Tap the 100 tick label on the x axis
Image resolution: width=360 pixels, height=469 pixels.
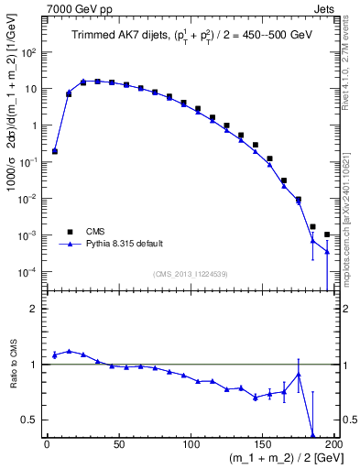tap(191, 444)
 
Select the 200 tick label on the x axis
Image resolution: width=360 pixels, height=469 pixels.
tap(333, 444)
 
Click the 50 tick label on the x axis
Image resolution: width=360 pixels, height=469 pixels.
tap(118, 444)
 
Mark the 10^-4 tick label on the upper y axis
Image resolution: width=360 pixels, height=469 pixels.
tap(27, 272)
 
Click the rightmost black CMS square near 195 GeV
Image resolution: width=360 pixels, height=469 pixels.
tap(327, 234)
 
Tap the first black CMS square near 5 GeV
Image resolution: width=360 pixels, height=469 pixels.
tap(54, 151)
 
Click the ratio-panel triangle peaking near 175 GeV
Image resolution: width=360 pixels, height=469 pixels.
tap(299, 374)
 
